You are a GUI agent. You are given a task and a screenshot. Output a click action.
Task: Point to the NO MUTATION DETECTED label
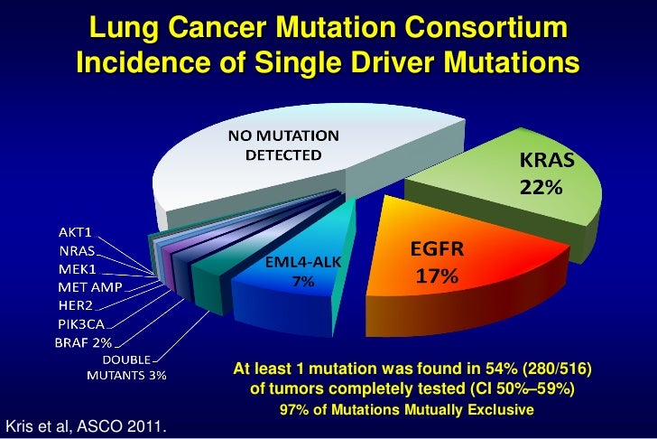tap(282, 145)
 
